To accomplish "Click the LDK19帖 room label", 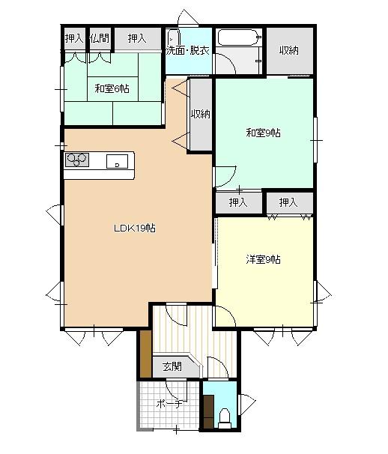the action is pos(135,228).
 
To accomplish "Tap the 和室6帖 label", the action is pos(112,88).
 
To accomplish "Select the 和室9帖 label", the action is pos(263,133).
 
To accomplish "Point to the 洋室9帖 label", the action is pos(263,259).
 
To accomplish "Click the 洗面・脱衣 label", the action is pos(187,51).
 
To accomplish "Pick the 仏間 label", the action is pos(100,38).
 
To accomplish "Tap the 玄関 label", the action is pos(172,366).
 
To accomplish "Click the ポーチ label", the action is pos(169,403).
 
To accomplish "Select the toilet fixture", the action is pos(225,418).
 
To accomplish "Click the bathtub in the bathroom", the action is pos(239,37).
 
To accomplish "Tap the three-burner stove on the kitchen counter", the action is pos(76,160).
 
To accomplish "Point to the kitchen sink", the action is pos(117,161).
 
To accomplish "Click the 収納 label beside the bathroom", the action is pos(289,50).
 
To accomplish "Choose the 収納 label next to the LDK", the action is pos(201,114).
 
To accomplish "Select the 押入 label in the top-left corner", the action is pos(74,38).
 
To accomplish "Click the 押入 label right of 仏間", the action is pos(137,38).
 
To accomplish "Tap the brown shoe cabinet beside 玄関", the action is pos(145,354).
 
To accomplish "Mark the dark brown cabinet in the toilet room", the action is pos(208,411).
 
